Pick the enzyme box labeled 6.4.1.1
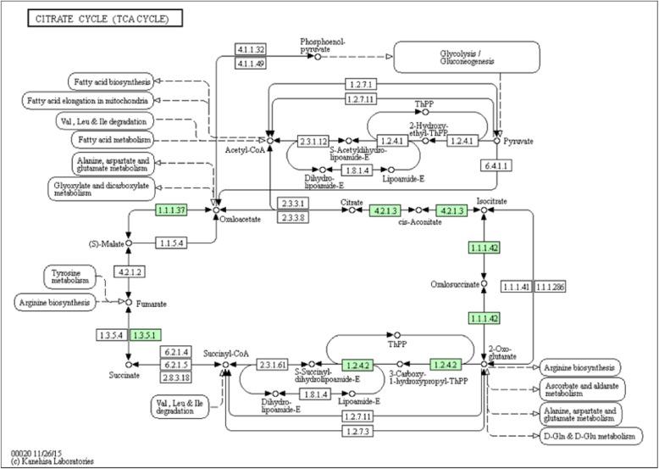[x=496, y=190]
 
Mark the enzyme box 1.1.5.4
[x=173, y=243]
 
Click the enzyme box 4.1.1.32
[x=252, y=50]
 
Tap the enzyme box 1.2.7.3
[x=357, y=432]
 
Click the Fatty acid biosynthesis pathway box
[x=112, y=81]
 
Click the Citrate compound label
[x=352, y=203]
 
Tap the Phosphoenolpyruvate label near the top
[x=323, y=45]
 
